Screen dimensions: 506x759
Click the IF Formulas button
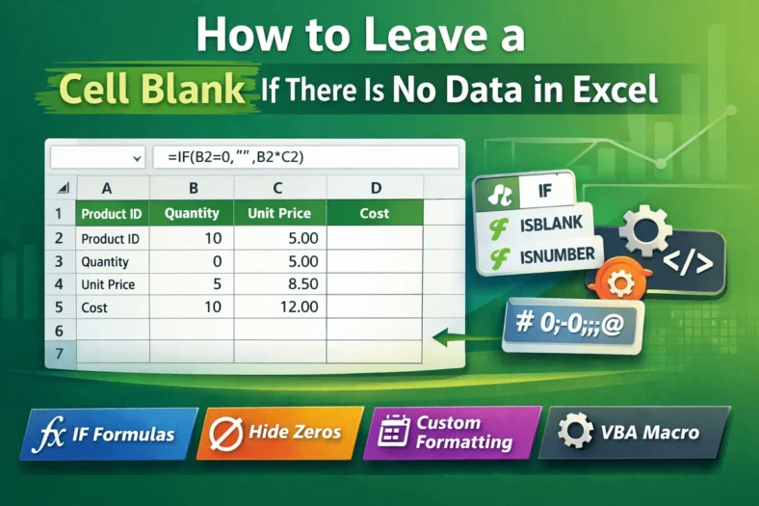(108, 433)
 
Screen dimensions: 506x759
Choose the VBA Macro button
(631, 433)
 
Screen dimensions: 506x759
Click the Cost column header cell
(374, 213)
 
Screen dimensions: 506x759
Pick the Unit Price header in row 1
(279, 213)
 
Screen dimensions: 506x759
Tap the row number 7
(59, 354)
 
